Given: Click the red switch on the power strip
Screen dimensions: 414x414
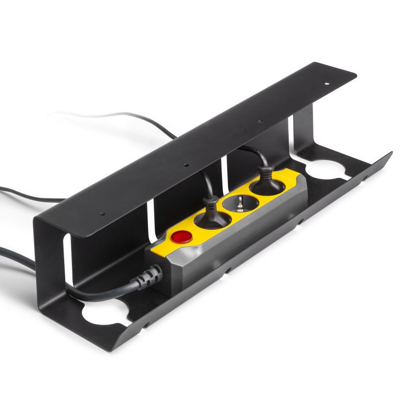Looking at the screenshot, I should coord(181,237).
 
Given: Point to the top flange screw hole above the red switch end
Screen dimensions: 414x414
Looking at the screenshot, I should coord(102,213).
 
